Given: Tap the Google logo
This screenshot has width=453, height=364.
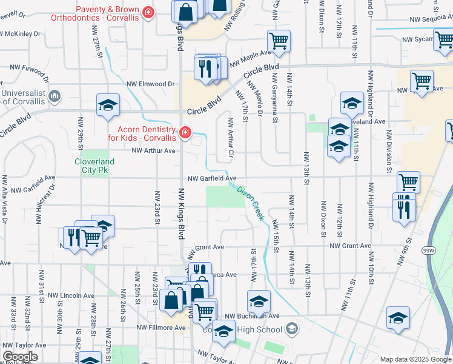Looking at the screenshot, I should pyautogui.click(x=19, y=357).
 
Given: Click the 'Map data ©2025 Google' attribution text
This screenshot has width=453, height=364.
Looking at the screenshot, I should pyautogui.click(x=415, y=359).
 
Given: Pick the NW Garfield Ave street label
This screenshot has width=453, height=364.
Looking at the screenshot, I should pyautogui.click(x=211, y=178).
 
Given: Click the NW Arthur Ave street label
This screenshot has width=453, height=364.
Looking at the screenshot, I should pyautogui.click(x=153, y=150).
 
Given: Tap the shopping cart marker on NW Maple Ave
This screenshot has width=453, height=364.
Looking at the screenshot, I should pyautogui.click(x=279, y=41).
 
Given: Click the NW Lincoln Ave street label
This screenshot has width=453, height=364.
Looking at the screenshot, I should pyautogui.click(x=72, y=295).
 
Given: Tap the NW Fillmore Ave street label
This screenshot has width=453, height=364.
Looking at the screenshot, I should pyautogui.click(x=163, y=328).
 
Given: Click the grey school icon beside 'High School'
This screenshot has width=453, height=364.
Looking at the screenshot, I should pyautogui.click(x=292, y=329).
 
